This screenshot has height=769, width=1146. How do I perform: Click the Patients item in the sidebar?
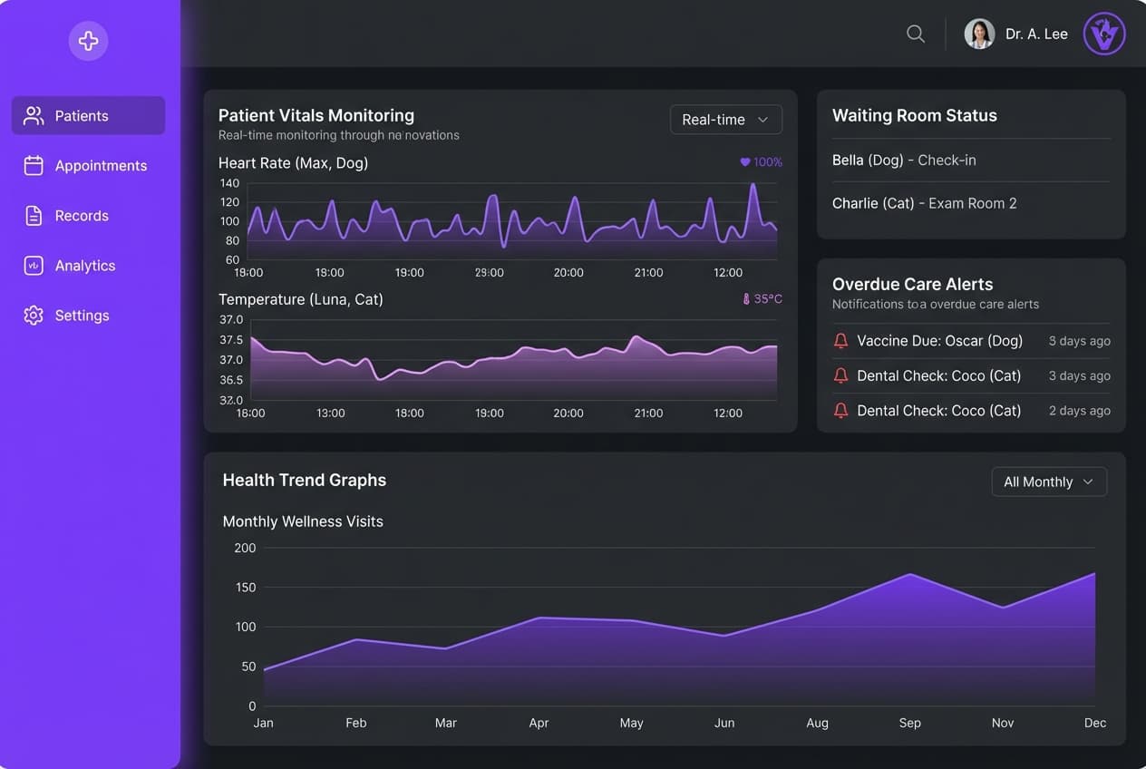pos(88,116)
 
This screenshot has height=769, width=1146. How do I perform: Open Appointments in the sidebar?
pos(88,166)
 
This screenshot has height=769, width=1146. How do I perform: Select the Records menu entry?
pos(82,216)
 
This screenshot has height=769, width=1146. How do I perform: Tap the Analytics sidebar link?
pos(84,266)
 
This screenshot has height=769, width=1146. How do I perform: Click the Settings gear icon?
pos(34,316)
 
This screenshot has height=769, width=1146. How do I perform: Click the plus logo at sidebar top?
pos(88,41)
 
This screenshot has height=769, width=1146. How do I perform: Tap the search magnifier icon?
pos(916,34)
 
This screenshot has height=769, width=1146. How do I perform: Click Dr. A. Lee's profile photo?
pos(979,34)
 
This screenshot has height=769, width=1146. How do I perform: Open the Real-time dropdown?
pos(725,120)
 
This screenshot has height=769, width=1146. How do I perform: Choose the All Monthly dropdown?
pos(1049,482)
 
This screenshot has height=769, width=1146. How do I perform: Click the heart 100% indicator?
pos(761,162)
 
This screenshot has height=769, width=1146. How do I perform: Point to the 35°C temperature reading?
pos(762,298)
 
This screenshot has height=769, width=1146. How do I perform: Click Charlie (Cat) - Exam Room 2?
pos(924,204)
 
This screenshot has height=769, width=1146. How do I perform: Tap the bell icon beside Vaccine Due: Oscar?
pos(840,341)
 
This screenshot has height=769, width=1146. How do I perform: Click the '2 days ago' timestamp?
pos(1079,411)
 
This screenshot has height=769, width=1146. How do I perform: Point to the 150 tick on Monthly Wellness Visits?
pos(245,588)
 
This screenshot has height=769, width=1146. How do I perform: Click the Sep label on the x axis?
pos(909,723)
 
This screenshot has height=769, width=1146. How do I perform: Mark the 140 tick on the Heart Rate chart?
pos(229,183)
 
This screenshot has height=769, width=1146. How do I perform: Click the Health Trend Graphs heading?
pos(305,481)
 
